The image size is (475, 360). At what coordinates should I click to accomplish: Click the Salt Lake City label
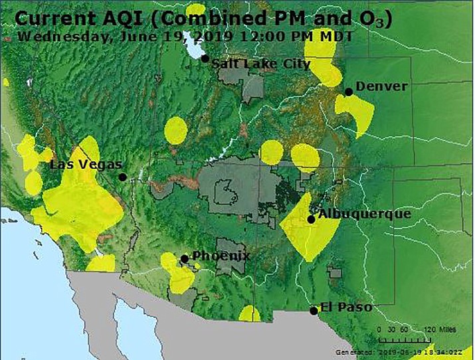click(x=261, y=64)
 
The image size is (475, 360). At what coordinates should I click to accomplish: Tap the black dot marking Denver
click(x=348, y=92)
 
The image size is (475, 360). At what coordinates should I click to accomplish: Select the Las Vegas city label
click(x=86, y=164)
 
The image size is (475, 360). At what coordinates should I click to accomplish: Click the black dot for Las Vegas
click(x=122, y=177)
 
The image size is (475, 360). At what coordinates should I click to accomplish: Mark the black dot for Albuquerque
click(x=311, y=219)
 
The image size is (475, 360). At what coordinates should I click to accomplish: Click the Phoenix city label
click(x=221, y=256)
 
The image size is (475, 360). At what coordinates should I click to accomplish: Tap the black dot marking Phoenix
click(x=184, y=258)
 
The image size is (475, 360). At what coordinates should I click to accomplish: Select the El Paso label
click(x=345, y=307)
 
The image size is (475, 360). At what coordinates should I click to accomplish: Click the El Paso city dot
click(x=314, y=310)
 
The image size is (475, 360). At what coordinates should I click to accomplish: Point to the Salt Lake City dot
click(x=206, y=59)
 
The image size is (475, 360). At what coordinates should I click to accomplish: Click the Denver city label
click(x=381, y=86)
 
